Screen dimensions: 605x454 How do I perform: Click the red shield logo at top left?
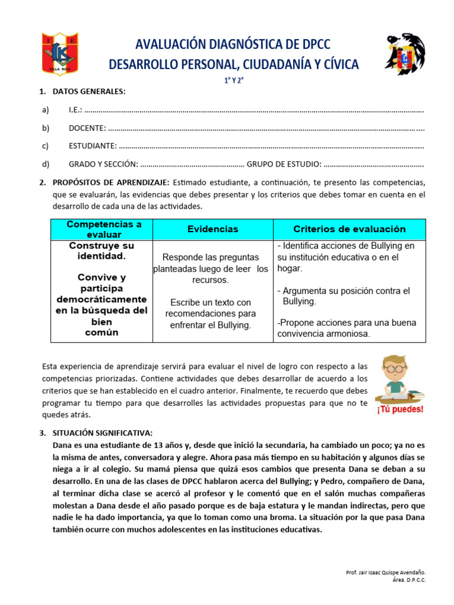point(60,54)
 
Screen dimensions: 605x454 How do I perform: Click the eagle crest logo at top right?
point(404,54)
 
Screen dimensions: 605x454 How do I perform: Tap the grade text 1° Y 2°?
point(233,83)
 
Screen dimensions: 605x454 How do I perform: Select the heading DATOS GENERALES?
point(89,92)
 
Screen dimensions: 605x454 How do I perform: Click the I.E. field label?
point(75,110)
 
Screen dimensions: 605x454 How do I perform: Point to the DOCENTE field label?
point(87,128)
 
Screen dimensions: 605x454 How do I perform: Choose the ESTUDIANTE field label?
point(92,145)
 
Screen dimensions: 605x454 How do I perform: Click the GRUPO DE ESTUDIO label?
point(284,164)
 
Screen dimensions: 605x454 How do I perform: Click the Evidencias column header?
point(213,229)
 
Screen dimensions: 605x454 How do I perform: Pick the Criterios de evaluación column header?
point(349,229)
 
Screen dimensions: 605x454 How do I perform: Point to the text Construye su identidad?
point(102,251)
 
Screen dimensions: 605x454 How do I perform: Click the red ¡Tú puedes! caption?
point(400,409)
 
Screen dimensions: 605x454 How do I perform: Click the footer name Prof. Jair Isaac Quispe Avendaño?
point(385,573)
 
